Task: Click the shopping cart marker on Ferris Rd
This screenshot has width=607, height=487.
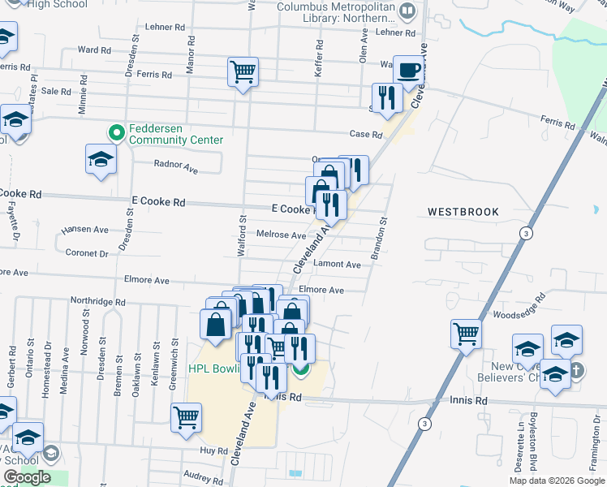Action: pyautogui.click(x=243, y=72)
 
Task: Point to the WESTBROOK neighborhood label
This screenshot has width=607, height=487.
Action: pyautogui.click(x=463, y=212)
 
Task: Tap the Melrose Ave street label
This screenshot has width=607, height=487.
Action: pyautogui.click(x=281, y=235)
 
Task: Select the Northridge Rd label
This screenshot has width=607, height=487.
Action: pyautogui.click(x=97, y=301)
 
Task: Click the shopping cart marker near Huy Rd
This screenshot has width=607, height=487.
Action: pyautogui.click(x=186, y=418)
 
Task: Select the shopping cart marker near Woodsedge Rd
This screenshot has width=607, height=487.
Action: pyautogui.click(x=466, y=334)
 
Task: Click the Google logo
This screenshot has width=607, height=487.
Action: pyautogui.click(x=27, y=477)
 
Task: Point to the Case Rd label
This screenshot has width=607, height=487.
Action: pyautogui.click(x=365, y=135)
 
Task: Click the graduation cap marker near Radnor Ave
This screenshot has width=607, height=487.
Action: pyautogui.click(x=101, y=159)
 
